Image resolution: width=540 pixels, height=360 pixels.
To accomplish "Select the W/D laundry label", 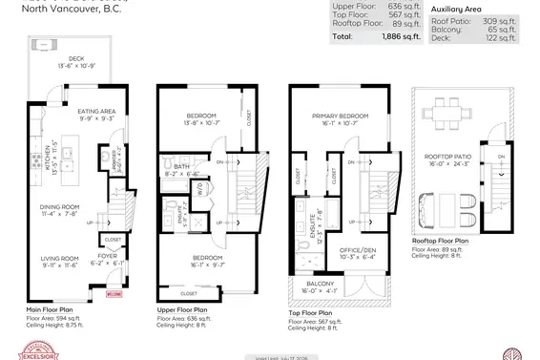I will (198, 187).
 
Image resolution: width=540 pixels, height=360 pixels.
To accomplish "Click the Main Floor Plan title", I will (52, 310).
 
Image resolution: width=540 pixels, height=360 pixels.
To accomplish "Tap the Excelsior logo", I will (31, 350).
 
